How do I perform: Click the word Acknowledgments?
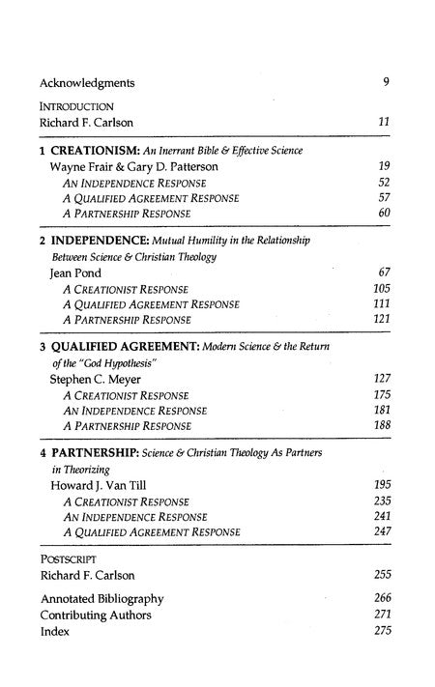click(x=87, y=82)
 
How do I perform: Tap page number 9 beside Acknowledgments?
click(x=386, y=82)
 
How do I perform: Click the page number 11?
click(x=384, y=124)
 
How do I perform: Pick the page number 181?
click(x=381, y=410)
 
